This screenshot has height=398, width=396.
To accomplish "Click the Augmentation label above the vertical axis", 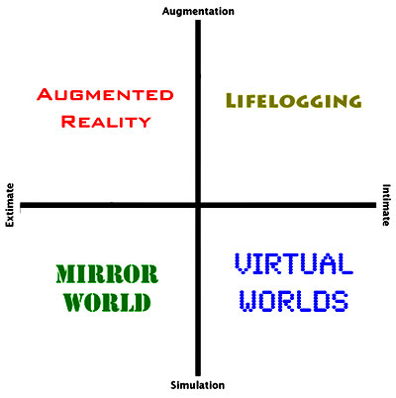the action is [x=198, y=12].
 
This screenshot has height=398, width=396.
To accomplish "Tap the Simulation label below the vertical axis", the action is [x=198, y=385].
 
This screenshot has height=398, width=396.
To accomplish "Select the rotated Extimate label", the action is [x=10, y=205].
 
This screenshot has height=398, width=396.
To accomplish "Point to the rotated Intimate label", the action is [x=386, y=205].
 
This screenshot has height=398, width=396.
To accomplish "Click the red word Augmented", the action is [x=105, y=94].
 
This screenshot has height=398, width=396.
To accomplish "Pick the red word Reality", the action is [x=106, y=122].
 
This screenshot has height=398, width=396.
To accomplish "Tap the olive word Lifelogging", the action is [x=293, y=101].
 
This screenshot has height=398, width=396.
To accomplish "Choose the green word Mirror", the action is [x=107, y=274].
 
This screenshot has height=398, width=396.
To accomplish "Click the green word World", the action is [x=107, y=302].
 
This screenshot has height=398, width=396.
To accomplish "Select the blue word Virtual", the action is [x=293, y=263].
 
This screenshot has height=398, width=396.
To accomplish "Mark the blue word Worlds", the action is [x=293, y=301].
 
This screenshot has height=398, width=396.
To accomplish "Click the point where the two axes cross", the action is [x=198, y=205].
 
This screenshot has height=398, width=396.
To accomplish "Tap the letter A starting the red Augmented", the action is [x=45, y=94].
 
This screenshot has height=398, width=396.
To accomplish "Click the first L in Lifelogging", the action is [x=232, y=101].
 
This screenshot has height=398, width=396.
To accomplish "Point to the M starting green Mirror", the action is [x=65, y=274].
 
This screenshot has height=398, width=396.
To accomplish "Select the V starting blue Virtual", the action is [x=244, y=263].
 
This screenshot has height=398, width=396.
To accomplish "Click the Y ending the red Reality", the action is [x=144, y=122].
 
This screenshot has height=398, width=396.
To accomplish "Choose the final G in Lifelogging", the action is [x=354, y=101].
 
